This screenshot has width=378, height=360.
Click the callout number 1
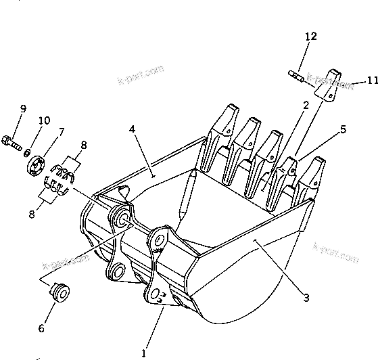(x=143, y=353)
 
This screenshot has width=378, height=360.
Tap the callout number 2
(x=306, y=105)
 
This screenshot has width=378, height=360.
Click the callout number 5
(x=343, y=128)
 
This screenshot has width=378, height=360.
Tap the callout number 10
(x=44, y=121)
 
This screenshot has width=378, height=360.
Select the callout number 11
(x=371, y=81)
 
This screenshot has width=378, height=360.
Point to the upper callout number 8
(x=84, y=144)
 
